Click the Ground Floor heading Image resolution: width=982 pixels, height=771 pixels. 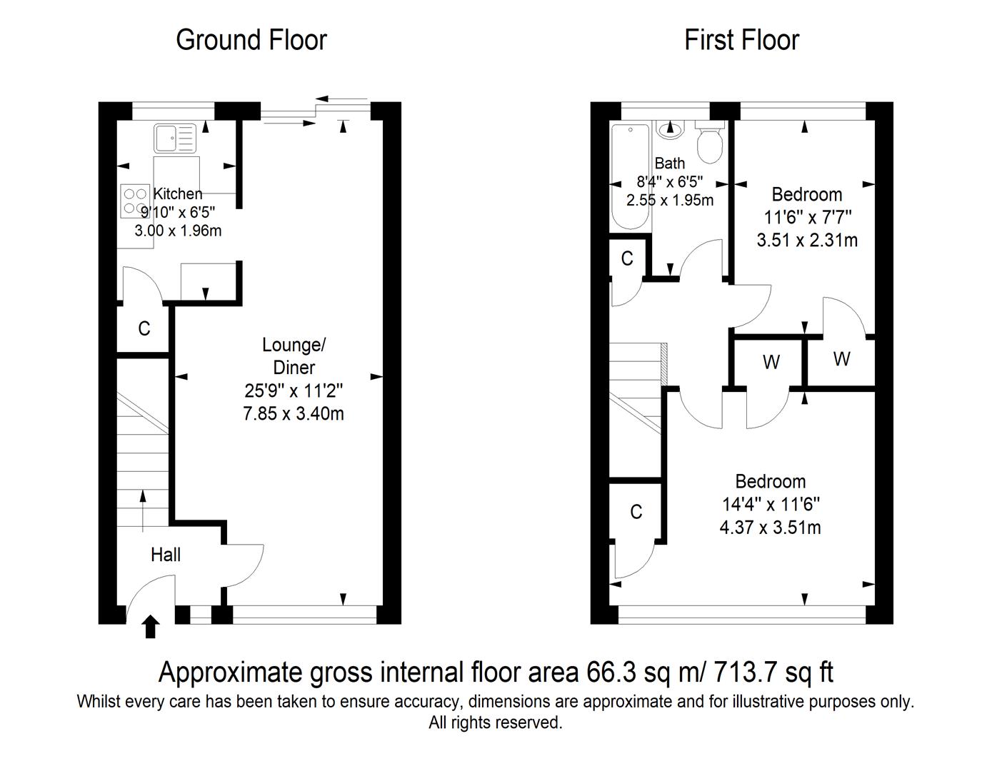pos(251,40)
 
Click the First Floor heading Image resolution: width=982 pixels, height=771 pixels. pos(741,40)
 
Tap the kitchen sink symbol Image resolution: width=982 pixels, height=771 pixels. pos(174,138)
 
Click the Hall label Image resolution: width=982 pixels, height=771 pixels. pos(165,555)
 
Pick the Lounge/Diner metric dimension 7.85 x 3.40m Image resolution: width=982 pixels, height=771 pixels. pos(294,413)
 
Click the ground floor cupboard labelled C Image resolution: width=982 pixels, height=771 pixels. pos(144,328)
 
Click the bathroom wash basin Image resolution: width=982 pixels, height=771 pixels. pos(669,128)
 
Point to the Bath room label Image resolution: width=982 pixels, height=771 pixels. pos(669,163)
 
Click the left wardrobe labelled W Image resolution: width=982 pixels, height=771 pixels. pos(771,363)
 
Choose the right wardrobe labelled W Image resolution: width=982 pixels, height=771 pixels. pos(841,359)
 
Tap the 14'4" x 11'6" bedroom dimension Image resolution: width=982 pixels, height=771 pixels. pos(771,504)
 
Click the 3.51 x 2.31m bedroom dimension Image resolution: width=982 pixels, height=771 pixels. pos(807,240)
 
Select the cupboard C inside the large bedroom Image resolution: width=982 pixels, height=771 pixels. pos(636,512)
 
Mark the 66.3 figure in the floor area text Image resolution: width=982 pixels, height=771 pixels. pos(608,672)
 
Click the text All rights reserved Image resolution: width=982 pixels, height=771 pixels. pos(495,722)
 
